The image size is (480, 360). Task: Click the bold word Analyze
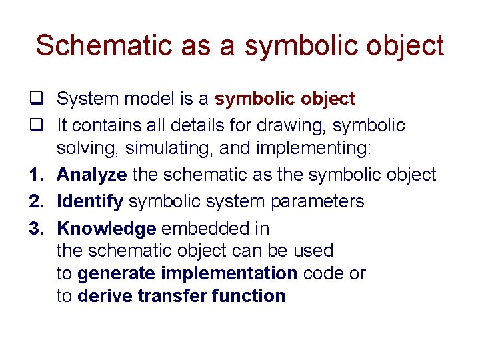[92, 175]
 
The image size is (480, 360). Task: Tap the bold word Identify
[90, 201]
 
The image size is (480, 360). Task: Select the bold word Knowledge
[107, 229]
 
